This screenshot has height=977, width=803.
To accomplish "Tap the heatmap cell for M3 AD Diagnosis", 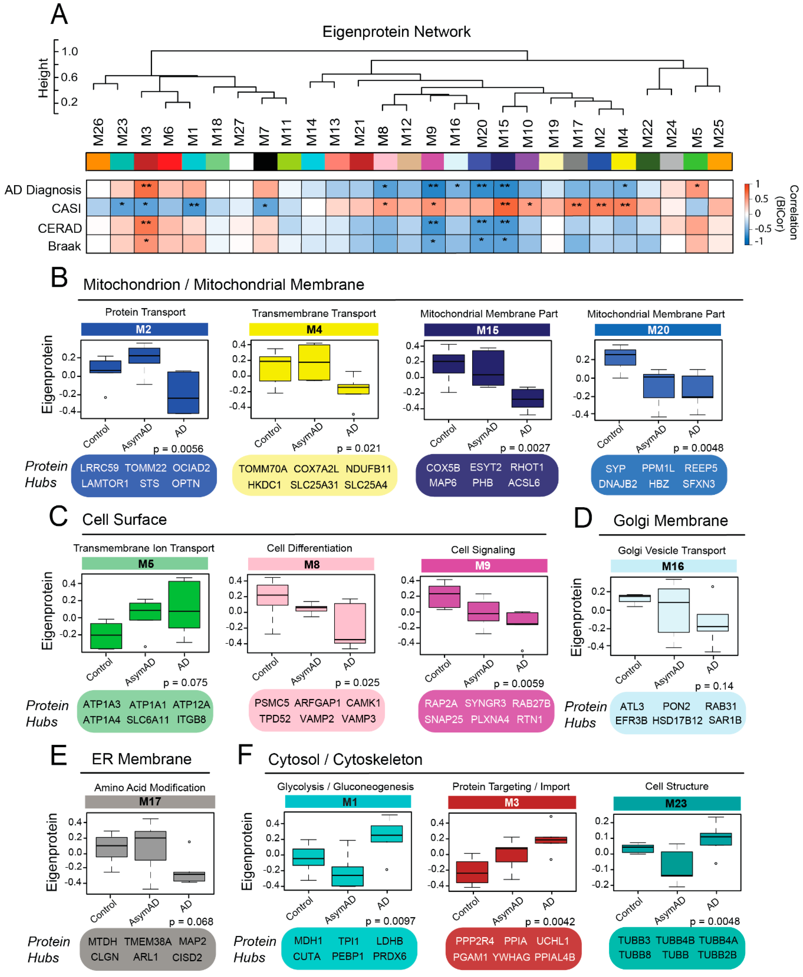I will [x=146, y=189].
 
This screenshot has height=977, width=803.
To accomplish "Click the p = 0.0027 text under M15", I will [x=525, y=448].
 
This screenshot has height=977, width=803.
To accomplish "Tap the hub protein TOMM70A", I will [x=263, y=469].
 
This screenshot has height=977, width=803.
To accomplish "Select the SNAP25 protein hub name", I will [x=443, y=720].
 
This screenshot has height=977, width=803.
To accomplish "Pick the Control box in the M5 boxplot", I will [x=106, y=636].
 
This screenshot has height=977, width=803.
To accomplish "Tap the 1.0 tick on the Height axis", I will [x=69, y=51].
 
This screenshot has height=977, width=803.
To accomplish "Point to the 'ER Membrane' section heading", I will [x=142, y=759].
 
